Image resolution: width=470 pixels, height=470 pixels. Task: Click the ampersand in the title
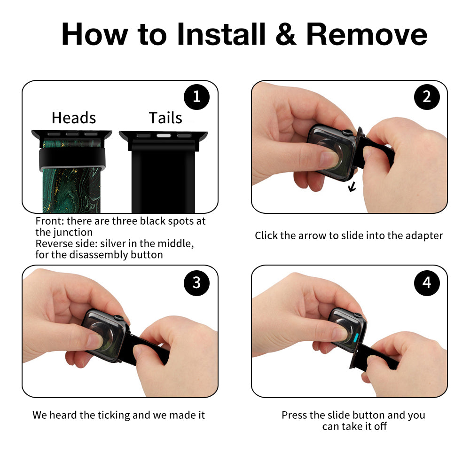click(286, 34)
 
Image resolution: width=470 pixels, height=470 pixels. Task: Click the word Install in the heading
click(221, 34)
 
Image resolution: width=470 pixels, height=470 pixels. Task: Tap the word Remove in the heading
click(367, 34)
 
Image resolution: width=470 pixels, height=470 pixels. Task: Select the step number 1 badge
click(196, 97)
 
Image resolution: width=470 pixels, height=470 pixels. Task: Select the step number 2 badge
click(427, 97)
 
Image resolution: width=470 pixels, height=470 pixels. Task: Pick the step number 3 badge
click(196, 282)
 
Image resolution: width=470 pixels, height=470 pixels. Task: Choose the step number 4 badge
click(427, 282)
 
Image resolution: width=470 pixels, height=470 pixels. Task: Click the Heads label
click(74, 118)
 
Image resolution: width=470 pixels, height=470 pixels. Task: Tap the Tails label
click(165, 118)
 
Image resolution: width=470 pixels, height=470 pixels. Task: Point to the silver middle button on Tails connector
click(164, 136)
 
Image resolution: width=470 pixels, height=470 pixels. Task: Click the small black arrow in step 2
click(352, 188)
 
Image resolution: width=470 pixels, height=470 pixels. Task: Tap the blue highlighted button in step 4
click(356, 337)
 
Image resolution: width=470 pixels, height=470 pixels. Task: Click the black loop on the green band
click(72, 159)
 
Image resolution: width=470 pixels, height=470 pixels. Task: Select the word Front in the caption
click(49, 221)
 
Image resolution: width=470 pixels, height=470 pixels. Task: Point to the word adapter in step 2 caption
click(424, 236)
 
